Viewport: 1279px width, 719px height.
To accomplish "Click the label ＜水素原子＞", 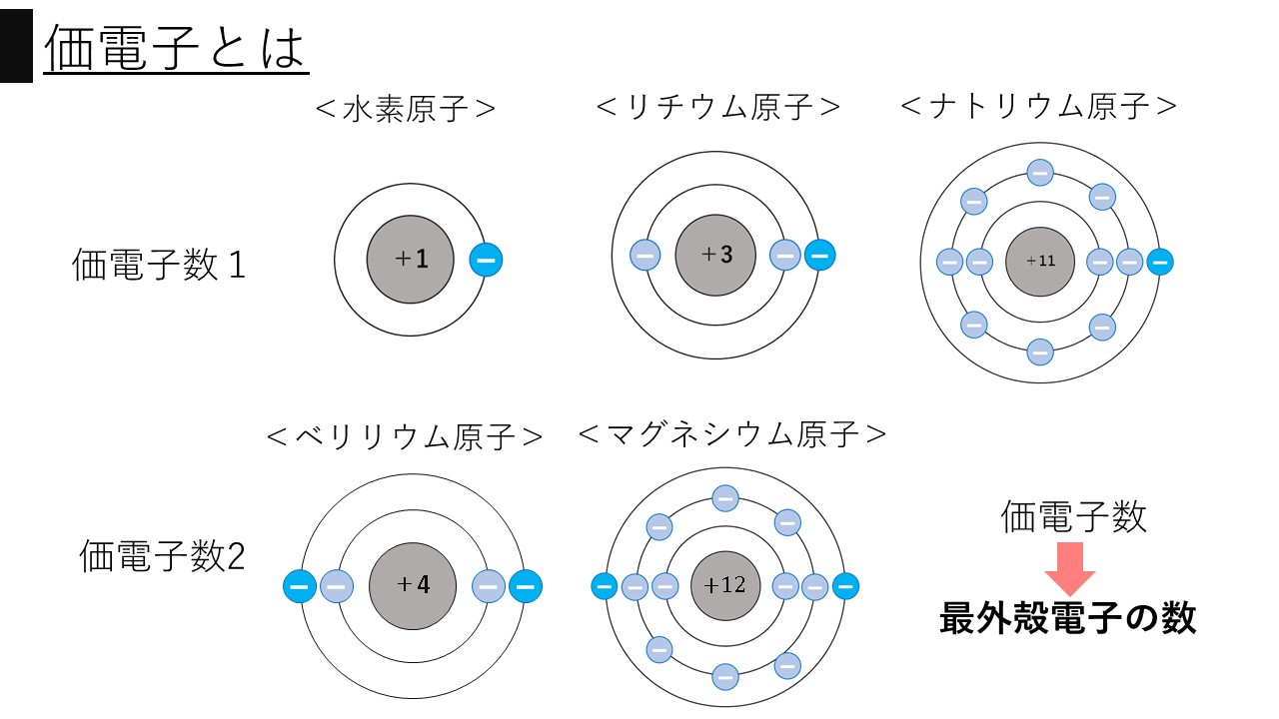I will click(x=406, y=108).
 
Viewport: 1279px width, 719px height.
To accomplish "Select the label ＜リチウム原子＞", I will click(x=718, y=107).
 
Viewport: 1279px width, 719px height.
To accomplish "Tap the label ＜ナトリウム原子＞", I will click(x=1039, y=106).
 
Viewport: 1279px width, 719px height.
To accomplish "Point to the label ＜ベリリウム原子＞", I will click(x=406, y=436).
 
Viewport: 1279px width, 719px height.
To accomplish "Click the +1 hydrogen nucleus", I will click(x=411, y=260).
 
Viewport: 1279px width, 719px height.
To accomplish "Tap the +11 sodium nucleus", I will click(x=1039, y=262).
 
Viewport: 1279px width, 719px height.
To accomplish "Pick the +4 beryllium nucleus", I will click(x=412, y=585).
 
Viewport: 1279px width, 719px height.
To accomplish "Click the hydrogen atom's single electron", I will click(x=486, y=261).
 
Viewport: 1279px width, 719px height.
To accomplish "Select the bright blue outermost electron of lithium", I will click(x=818, y=255).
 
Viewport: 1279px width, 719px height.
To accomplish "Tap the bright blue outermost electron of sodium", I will click(x=1159, y=262).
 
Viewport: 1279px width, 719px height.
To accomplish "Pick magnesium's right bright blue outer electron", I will click(x=845, y=585).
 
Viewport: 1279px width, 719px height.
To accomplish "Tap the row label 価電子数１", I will click(x=159, y=266).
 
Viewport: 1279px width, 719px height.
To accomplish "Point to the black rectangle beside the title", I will click(x=16, y=47).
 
